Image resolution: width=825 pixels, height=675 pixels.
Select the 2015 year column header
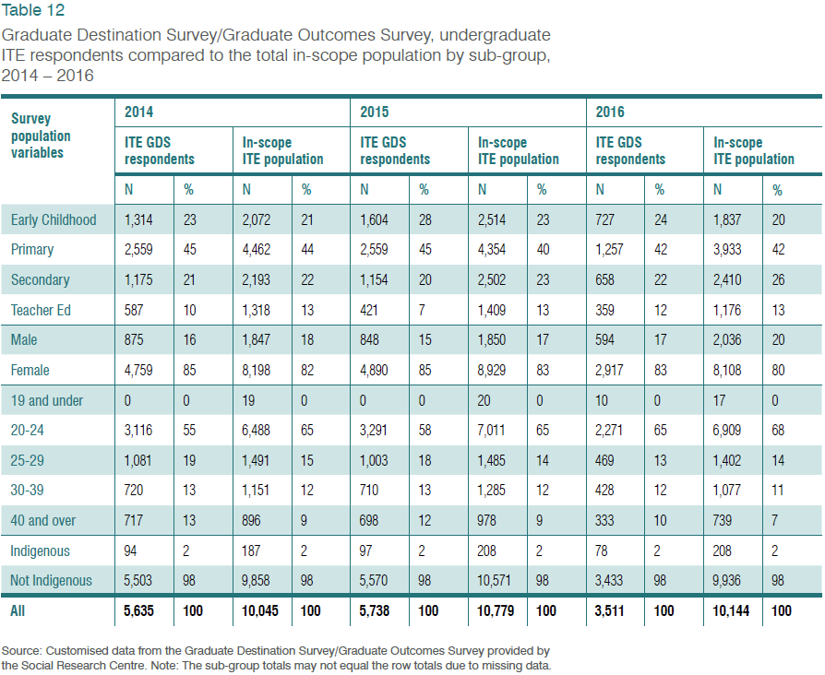pyautogui.click(x=374, y=112)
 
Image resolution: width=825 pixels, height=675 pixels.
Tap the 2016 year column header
pyautogui.click(x=609, y=112)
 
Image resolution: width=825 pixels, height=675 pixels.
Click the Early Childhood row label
pyautogui.click(x=54, y=219)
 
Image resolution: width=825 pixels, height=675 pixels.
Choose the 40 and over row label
pyautogui.click(x=43, y=520)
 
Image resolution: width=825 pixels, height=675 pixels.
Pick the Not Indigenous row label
pyautogui.click(x=52, y=580)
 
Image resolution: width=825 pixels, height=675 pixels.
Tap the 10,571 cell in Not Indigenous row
pyautogui.click(x=496, y=580)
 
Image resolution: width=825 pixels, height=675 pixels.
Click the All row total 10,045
pyautogui.click(x=261, y=610)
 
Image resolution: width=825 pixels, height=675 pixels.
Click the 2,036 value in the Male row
pyautogui.click(x=729, y=340)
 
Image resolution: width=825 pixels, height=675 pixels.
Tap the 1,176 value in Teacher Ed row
pyautogui.click(x=729, y=310)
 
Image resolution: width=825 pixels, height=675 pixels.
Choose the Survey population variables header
pyautogui.click(x=41, y=135)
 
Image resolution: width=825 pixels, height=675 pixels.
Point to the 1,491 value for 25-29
pyautogui.click(x=257, y=460)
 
